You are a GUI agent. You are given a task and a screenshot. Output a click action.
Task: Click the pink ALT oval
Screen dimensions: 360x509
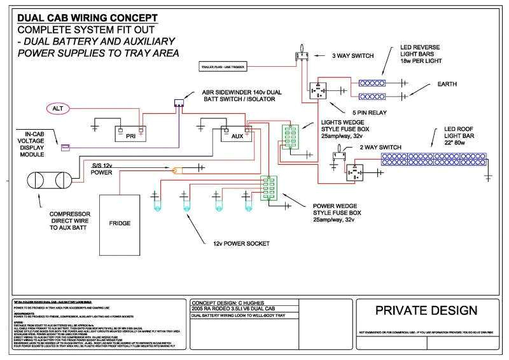pos(57,109)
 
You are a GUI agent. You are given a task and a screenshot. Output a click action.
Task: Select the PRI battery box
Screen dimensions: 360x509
pos(130,134)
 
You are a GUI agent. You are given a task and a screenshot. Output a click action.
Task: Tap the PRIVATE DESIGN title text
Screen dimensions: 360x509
pos(425,310)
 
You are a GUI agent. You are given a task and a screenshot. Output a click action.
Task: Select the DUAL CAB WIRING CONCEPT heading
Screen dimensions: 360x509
pos(88,18)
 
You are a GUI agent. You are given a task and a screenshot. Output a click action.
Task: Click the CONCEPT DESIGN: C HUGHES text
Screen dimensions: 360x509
pos(227,303)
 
